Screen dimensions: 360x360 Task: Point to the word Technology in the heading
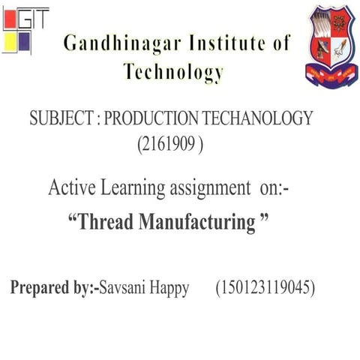click(x=173, y=73)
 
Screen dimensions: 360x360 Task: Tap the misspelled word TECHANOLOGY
click(x=256, y=118)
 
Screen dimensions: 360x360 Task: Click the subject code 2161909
click(x=171, y=143)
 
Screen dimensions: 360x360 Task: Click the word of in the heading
click(x=280, y=43)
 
